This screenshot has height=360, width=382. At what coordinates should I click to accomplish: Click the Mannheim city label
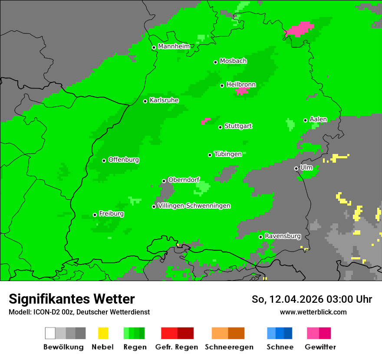tap(174, 46)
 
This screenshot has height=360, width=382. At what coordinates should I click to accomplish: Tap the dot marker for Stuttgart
tap(221, 127)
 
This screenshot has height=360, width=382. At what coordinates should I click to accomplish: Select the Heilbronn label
tap(241, 85)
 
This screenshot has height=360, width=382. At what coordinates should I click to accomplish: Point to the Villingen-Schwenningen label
tap(194, 206)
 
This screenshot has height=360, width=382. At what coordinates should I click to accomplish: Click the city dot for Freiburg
tap(95, 215)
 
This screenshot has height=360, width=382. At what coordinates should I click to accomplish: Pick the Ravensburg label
tap(283, 236)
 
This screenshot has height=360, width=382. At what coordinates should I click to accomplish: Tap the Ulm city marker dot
tap(296, 168)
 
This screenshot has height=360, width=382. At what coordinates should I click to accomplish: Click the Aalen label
tap(318, 120)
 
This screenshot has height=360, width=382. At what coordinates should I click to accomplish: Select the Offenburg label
tap(124, 160)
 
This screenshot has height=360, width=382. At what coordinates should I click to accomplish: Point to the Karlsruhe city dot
tap(145, 101)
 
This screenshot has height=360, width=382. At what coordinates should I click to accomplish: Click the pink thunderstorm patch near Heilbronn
tap(242, 91)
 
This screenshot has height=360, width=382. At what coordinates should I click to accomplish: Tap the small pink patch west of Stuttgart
tap(205, 121)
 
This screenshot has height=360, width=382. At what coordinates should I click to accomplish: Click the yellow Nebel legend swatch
tap(103, 333)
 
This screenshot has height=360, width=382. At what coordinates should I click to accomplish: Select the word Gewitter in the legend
tap(320, 347)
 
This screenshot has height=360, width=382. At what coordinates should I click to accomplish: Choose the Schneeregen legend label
tap(229, 347)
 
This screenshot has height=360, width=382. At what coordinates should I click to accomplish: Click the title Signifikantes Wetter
tap(72, 299)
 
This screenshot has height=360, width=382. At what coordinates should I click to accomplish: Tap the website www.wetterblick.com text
tap(313, 312)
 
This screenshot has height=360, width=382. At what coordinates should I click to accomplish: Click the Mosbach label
tap(233, 61)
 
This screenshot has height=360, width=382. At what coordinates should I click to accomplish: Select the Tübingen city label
tap(228, 154)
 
